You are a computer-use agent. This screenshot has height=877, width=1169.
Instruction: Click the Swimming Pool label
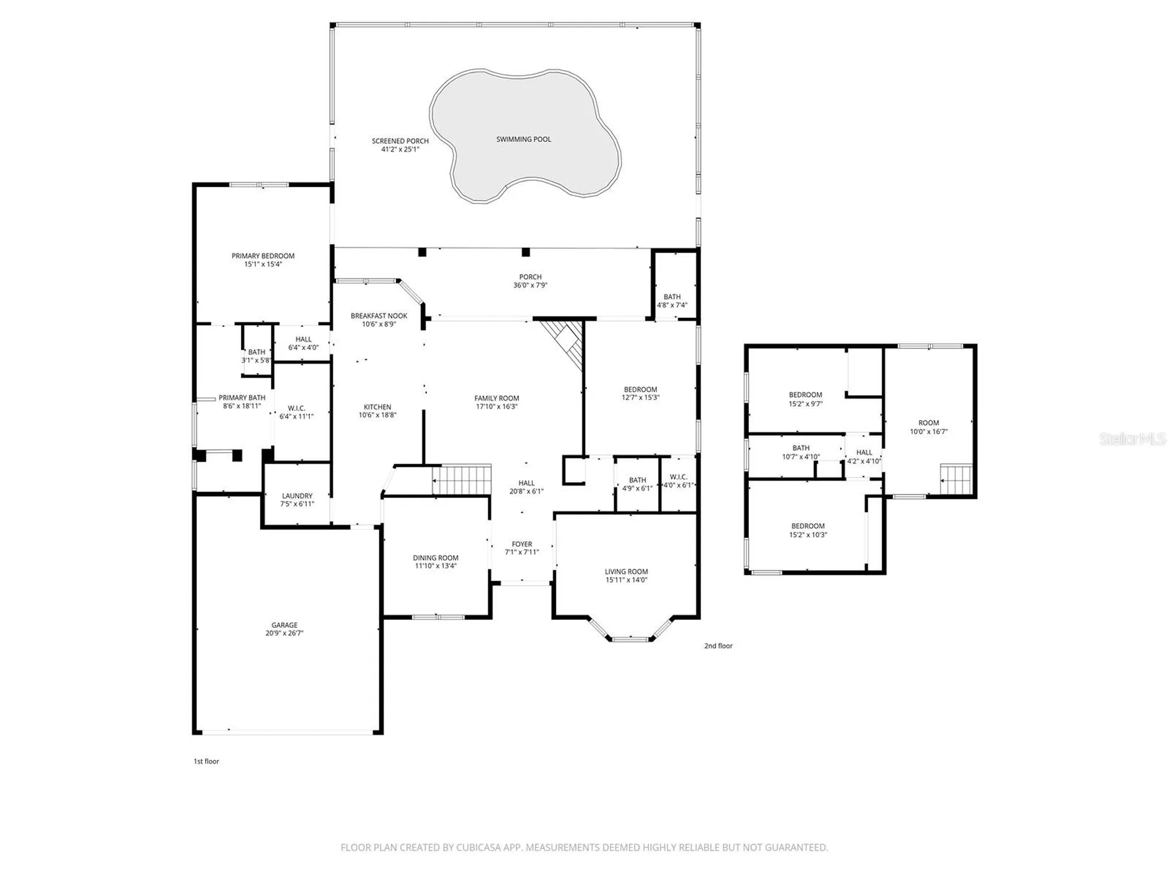pyautogui.click(x=524, y=139)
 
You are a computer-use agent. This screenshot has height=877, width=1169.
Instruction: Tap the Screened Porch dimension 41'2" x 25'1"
pyautogui.click(x=400, y=149)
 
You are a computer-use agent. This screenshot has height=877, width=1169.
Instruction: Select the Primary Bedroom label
pyautogui.click(x=263, y=256)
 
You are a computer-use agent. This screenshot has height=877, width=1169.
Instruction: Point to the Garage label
pyautogui.click(x=284, y=625)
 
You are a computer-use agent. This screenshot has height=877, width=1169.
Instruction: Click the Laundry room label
pyautogui.click(x=297, y=496)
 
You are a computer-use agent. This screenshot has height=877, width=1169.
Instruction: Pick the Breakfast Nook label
pyautogui.click(x=379, y=315)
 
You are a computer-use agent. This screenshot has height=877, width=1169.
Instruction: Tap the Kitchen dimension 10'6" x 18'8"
pyautogui.click(x=377, y=415)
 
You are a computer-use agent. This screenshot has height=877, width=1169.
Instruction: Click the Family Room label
pyautogui.click(x=497, y=398)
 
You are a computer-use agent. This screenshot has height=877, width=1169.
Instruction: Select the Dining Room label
pyautogui.click(x=435, y=558)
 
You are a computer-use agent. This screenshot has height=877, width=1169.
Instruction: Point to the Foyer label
pyautogui.click(x=522, y=544)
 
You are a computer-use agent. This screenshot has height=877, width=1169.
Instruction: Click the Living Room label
pyautogui.click(x=626, y=571)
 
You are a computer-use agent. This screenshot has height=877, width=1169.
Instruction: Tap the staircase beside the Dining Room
pyautogui.click(x=462, y=479)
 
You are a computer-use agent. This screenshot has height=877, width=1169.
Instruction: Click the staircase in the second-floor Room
pyautogui.click(x=957, y=479)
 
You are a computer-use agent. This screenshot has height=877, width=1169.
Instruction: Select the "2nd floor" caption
pyautogui.click(x=718, y=646)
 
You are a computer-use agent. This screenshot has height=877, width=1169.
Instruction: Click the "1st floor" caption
pyautogui.click(x=206, y=761)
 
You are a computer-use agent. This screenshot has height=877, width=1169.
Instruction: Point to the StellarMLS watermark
pyautogui.click(x=1132, y=438)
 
